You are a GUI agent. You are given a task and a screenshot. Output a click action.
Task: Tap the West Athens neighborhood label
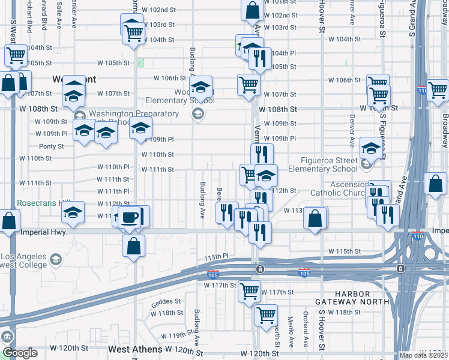point(135,349)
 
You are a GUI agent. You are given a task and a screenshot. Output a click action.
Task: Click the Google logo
point(20,353)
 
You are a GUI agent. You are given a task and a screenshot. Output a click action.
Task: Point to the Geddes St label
point(166,301)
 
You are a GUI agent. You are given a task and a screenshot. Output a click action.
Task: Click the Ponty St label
point(51,146)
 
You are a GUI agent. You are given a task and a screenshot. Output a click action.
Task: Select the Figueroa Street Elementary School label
point(332,164)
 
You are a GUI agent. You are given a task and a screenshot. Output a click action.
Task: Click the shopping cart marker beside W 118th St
point(266,314)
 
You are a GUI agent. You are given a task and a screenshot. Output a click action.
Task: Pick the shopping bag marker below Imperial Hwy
point(133,245)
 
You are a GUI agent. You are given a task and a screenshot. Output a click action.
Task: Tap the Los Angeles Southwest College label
point(24,260)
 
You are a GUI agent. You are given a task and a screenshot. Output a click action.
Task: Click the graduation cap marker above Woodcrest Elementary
point(200,87)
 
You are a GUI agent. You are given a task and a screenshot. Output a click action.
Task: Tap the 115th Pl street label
point(217,257)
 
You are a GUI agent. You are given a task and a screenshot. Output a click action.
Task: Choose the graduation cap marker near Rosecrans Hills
point(73,214)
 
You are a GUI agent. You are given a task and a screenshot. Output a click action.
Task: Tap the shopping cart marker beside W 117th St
point(249,292)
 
